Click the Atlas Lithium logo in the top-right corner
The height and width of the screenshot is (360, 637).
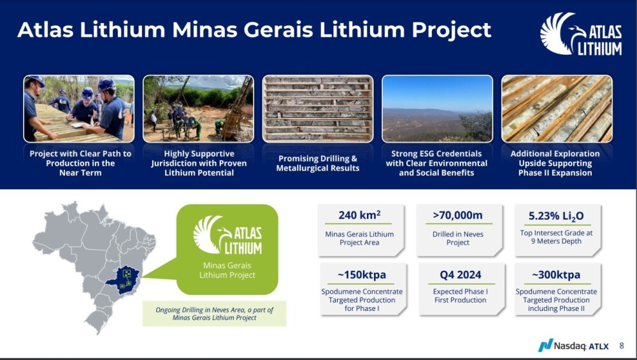pos(581,34)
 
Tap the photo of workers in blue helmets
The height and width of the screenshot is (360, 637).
pos(79,109)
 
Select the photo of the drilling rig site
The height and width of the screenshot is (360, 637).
pos(198,109)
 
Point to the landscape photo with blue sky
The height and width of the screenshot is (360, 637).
pos(437,109)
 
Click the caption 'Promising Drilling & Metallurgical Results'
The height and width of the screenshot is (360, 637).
pos(318,163)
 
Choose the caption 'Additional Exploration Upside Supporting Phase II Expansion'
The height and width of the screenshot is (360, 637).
pos(555,163)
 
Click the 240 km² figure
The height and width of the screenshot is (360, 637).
pos(359,215)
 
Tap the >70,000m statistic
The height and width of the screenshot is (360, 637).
pos(458,215)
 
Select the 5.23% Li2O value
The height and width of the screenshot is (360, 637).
pos(555,216)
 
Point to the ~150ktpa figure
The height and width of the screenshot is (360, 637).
pos(362,275)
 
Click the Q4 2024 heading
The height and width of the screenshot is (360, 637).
pos(461,275)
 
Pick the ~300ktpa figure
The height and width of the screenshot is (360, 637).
pos(556,275)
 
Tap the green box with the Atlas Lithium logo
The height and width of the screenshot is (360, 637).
pos(227,249)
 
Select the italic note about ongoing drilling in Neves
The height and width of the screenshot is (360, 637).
pos(214,313)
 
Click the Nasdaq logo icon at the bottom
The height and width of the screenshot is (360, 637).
pos(545,345)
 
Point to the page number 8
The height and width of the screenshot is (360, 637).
pos(622,346)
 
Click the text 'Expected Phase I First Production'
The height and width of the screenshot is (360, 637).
pos(461,296)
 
